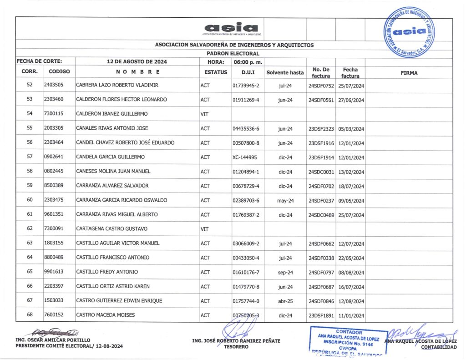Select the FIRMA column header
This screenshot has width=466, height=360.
point(409,72)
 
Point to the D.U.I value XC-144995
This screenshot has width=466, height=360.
point(244,157)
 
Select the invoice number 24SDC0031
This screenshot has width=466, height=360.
point(321,172)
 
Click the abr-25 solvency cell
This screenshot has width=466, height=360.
point(285,301)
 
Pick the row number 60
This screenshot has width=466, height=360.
point(30,200)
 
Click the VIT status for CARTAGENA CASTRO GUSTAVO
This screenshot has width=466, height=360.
point(204,229)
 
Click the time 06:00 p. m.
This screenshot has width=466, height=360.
point(245,61)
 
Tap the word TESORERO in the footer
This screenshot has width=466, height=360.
point(236,347)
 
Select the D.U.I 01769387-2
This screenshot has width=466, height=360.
point(245,215)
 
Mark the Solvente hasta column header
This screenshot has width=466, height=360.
point(285,72)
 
